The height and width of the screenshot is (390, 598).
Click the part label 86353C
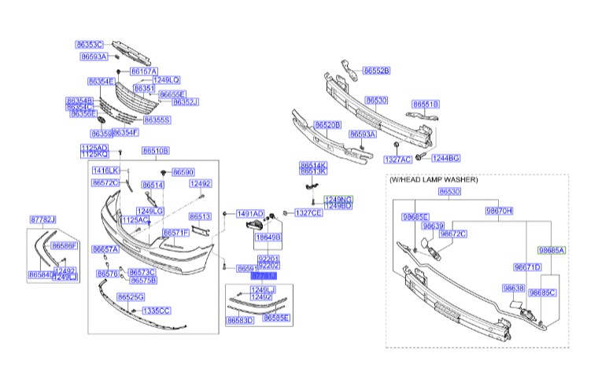tap(90, 45)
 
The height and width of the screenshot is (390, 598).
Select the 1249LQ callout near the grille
tap(167, 80)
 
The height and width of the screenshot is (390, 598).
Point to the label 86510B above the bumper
tap(156, 150)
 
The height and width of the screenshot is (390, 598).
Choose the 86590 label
tap(183, 171)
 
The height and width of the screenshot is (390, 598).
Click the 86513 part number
tap(201, 216)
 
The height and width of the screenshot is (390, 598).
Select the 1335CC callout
tap(156, 311)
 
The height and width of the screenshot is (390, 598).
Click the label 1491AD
tap(250, 213)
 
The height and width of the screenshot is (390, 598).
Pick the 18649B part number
tap(269, 236)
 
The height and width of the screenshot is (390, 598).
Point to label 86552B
tap(376, 71)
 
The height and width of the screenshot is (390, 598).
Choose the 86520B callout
tap(327, 125)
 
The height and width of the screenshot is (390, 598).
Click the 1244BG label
tap(445, 158)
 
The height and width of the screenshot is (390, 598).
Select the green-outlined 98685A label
tap(552, 250)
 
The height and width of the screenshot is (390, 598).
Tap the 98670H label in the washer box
tap(499, 211)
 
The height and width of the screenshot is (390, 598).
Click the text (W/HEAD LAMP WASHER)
tap(434, 179)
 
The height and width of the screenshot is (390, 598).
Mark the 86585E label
tap(276, 318)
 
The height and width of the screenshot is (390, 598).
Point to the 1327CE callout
tap(308, 213)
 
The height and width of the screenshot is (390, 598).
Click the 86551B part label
tap(426, 104)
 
